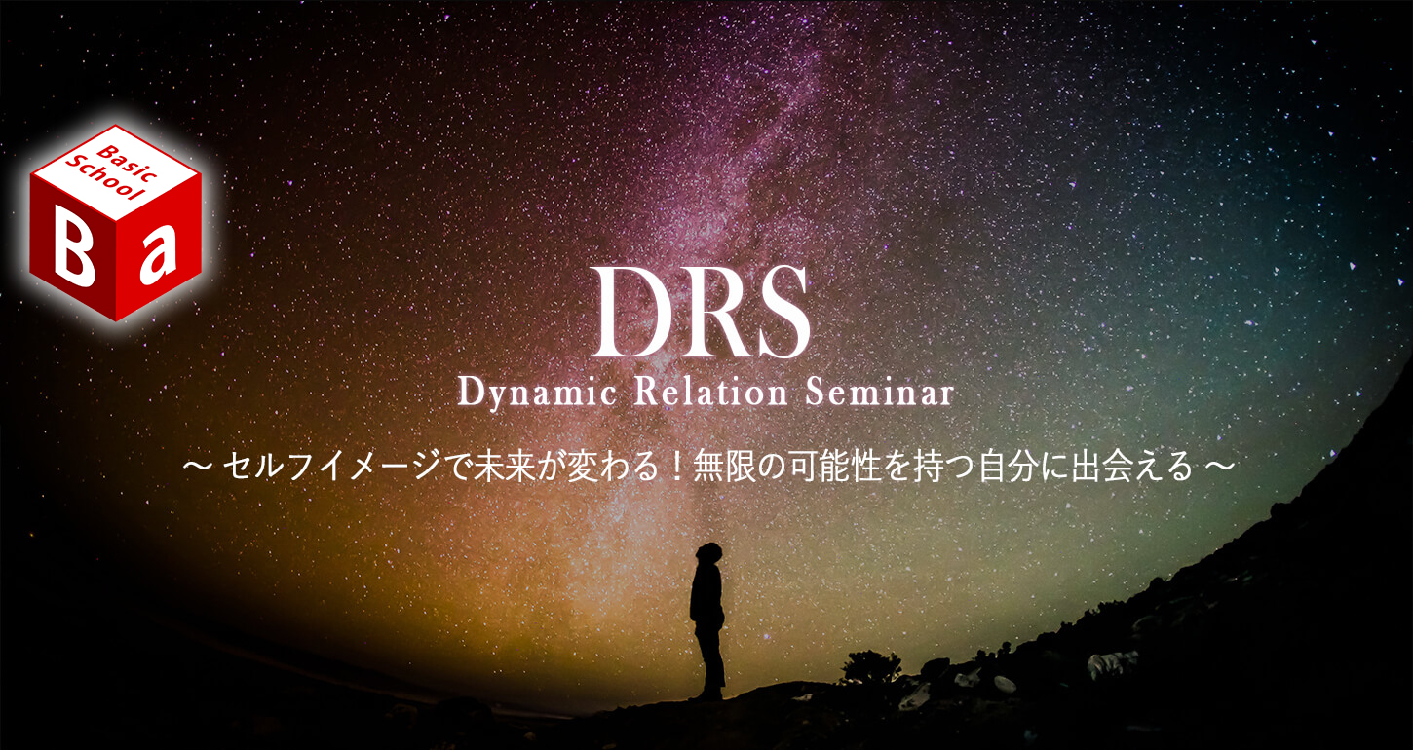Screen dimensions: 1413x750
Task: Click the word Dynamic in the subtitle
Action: point(536,394)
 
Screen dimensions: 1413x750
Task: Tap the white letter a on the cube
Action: point(158,256)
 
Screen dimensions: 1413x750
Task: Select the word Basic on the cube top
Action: point(126,164)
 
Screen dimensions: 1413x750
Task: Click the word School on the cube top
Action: point(104,178)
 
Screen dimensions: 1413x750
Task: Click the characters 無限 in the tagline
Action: point(724,468)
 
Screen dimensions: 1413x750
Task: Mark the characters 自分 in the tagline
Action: point(1008,468)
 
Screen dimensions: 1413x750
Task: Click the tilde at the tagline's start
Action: point(197,467)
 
